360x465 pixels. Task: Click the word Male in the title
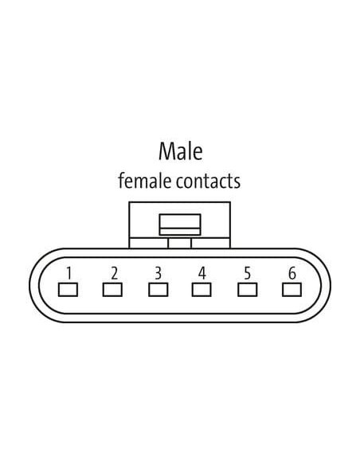181,151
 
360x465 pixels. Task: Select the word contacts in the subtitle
208,181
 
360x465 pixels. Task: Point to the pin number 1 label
68,273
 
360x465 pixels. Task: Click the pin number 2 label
114,273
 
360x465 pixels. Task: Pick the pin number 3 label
158,273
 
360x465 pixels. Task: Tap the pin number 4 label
202,273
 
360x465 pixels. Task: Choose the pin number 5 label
248,273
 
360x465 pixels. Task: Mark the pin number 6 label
292,273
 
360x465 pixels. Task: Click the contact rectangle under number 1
68,290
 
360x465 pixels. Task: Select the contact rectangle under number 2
112,290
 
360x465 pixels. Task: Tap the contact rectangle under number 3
158,290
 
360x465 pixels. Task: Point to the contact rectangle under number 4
202,290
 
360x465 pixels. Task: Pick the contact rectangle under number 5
248,290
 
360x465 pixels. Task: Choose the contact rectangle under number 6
292,290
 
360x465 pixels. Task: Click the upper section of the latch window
180,221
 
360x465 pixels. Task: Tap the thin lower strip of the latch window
180,232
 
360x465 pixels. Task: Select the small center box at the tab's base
180,243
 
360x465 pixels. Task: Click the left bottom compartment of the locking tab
149,243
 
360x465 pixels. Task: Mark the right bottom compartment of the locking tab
210,243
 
